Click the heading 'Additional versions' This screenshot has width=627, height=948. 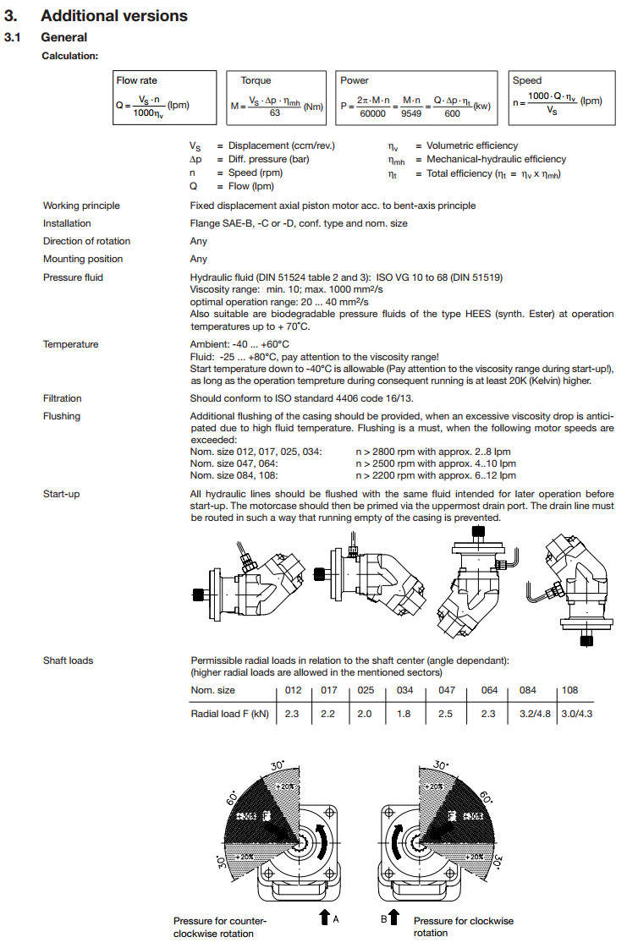(114, 16)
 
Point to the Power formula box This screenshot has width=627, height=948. (415, 99)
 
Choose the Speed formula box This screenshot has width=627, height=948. (558, 99)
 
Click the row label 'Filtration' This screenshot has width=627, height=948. (63, 397)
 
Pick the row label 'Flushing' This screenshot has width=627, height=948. (62, 416)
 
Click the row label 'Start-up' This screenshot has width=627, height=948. (61, 494)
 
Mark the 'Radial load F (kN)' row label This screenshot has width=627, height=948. (229, 714)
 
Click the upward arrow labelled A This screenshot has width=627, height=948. (324, 918)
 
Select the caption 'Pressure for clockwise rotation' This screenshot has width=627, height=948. (463, 927)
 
